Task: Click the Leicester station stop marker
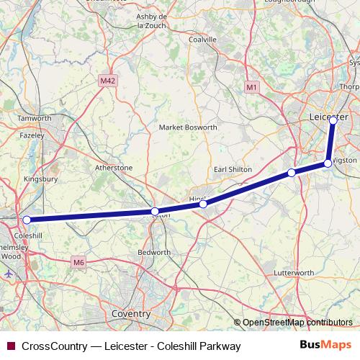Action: [x=333, y=120]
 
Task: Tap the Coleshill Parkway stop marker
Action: [x=27, y=220]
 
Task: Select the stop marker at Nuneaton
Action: [x=155, y=211]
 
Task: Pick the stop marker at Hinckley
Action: [x=203, y=204]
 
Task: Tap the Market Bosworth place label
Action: [x=187, y=127]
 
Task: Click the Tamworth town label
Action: [x=34, y=118]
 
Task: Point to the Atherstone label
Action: [x=114, y=168]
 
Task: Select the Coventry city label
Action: [x=131, y=314]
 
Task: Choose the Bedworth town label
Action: [x=153, y=253]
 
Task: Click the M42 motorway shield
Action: [x=108, y=81]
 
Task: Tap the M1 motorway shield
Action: [x=251, y=87]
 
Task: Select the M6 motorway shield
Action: [x=78, y=264]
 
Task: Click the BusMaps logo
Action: [x=325, y=346]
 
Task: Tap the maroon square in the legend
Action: [x=11, y=346]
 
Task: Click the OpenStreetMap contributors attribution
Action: [x=297, y=323]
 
